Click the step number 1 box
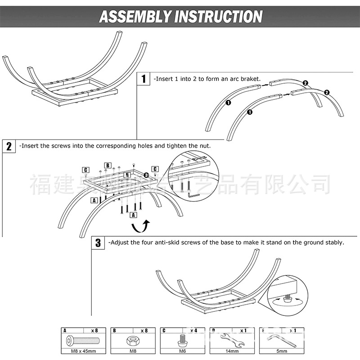pos(144,79)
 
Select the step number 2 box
pos(9,146)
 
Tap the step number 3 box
pos(98,243)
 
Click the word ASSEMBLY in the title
pos(134,17)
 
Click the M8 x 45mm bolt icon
pos(82,340)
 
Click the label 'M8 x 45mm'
pos(82,351)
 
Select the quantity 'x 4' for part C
pos(193,331)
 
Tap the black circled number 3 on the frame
pos(147,175)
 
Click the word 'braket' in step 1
pos(250,78)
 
